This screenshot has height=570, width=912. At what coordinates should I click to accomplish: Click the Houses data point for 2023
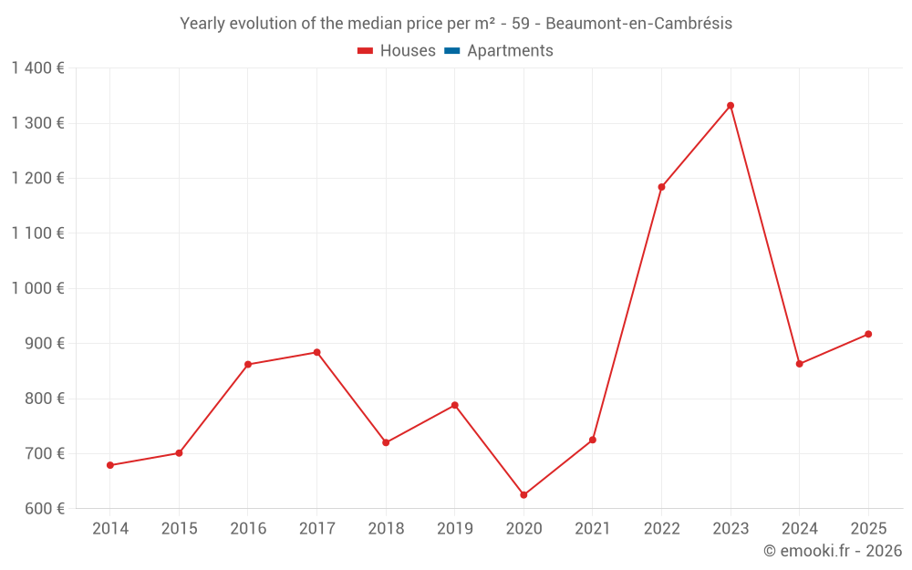click(731, 106)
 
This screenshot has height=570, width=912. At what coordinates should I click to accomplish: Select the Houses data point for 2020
click(523, 495)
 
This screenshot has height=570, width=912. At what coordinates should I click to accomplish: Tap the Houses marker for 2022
click(661, 187)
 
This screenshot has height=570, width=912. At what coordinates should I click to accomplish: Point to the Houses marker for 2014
click(110, 465)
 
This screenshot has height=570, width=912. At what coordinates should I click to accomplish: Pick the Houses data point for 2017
click(316, 352)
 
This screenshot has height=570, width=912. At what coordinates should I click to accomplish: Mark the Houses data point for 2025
click(868, 334)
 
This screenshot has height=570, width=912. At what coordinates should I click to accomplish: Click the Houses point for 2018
click(386, 442)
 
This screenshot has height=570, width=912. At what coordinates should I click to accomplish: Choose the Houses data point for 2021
click(593, 440)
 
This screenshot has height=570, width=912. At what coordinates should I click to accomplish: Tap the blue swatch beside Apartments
click(451, 51)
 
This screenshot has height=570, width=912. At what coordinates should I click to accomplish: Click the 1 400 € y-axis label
click(37, 68)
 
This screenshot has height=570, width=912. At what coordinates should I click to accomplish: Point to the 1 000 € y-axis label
click(37, 288)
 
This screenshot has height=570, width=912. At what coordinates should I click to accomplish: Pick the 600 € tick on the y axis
click(44, 509)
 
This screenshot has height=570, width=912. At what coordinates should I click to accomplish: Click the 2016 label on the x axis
click(248, 529)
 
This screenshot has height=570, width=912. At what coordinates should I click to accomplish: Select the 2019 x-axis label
click(455, 529)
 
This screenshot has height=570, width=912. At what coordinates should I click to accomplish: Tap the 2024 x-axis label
click(799, 529)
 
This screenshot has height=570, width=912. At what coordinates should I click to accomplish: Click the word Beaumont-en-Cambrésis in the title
click(638, 24)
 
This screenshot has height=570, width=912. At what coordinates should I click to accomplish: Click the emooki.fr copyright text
click(832, 551)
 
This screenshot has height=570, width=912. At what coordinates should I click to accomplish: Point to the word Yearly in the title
click(202, 24)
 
